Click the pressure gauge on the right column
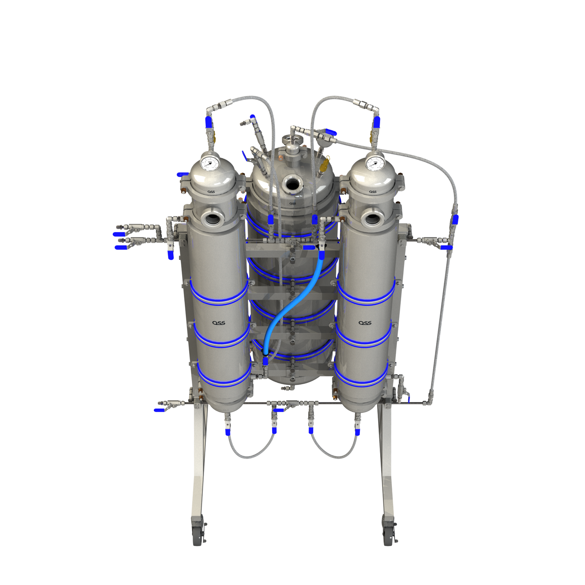374,163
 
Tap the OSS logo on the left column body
219,323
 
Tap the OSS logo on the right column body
365,323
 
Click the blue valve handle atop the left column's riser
209,122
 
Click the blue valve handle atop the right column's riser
377,122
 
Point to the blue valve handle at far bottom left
159,410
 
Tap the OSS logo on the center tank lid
293,203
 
